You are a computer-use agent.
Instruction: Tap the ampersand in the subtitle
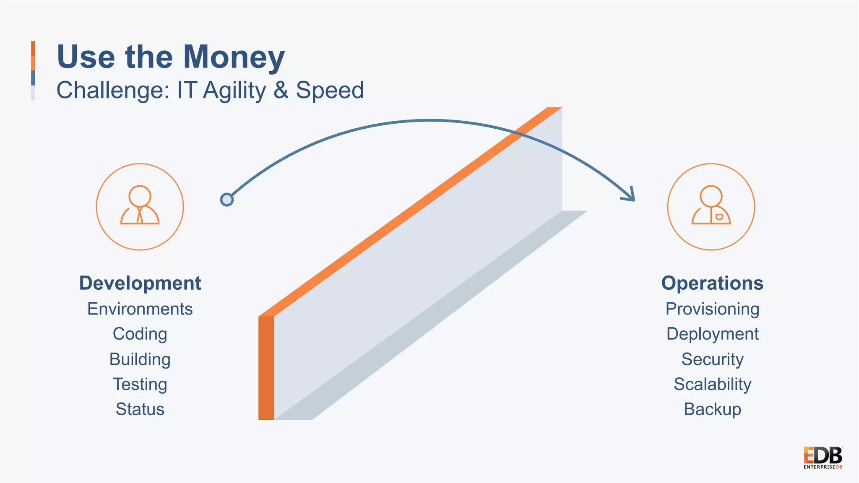point(281,90)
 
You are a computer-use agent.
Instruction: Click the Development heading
point(140,283)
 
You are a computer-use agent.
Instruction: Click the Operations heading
point(712,283)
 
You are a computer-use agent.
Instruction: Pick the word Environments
point(140,309)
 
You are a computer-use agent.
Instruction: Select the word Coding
point(140,334)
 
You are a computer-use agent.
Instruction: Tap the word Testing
point(140,384)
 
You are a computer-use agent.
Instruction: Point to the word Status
point(140,409)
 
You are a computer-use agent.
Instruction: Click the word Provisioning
point(712,309)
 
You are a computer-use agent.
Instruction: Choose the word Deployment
point(712,334)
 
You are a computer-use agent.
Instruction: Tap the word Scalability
point(712,384)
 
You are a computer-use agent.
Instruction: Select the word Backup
point(712,409)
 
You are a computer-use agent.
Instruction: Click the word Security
point(712,359)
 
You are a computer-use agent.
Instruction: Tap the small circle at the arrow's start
point(227,200)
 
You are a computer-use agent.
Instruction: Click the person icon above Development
point(140,206)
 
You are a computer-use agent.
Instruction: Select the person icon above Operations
point(711,206)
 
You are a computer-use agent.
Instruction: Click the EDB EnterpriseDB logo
point(823,458)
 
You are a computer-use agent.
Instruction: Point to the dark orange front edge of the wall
point(266,368)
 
